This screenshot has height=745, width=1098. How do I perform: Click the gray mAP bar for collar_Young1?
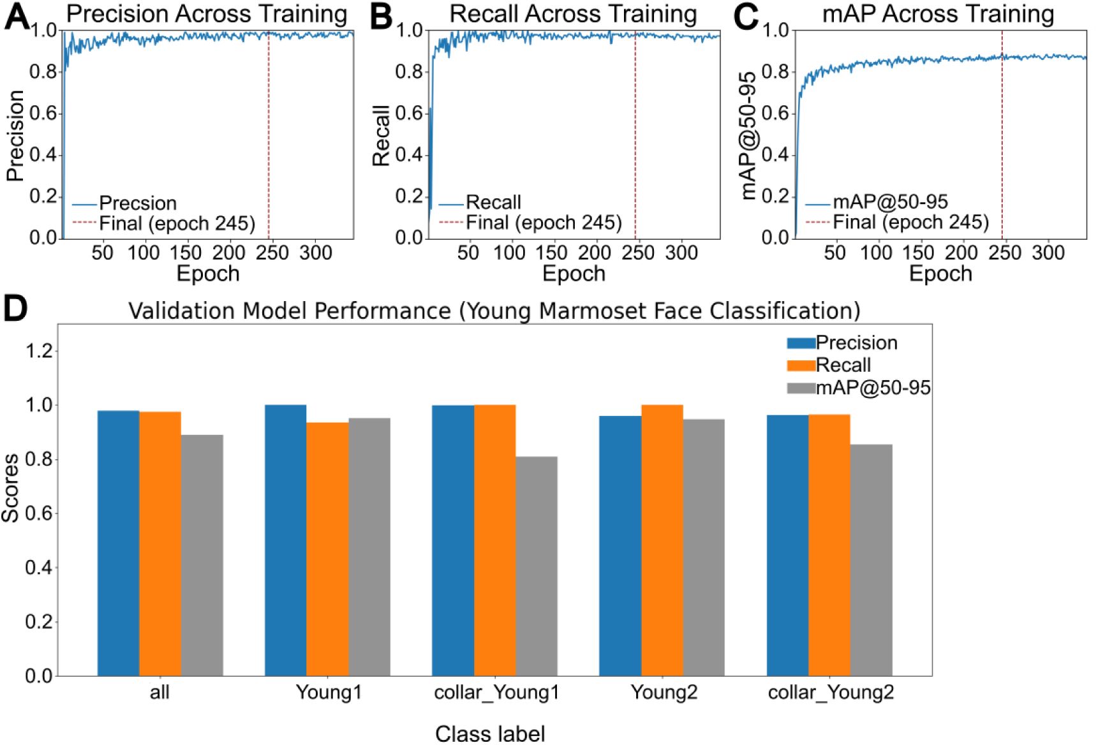[537, 566]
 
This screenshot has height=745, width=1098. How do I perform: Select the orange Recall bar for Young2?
[662, 540]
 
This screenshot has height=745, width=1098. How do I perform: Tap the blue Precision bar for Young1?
[285, 540]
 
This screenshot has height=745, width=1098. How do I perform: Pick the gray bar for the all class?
[202, 555]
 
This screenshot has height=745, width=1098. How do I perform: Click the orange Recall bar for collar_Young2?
[829, 545]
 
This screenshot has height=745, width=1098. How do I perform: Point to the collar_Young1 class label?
[496, 693]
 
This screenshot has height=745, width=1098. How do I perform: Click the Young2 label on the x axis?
[664, 693]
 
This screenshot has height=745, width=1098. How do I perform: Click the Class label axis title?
[490, 734]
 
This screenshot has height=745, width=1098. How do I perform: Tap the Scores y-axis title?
[11, 488]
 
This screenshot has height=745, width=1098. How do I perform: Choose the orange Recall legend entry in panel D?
[842, 365]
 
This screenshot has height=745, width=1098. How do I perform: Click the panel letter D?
[16, 309]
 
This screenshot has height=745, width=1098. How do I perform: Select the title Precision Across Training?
[207, 14]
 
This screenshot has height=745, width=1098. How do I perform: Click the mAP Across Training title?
[938, 14]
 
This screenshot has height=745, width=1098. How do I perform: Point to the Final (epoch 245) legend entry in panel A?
[177, 223]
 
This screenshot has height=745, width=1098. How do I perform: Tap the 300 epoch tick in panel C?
[1048, 253]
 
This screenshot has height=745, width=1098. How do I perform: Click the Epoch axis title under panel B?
[574, 274]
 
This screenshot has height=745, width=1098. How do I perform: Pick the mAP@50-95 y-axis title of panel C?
[749, 135]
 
